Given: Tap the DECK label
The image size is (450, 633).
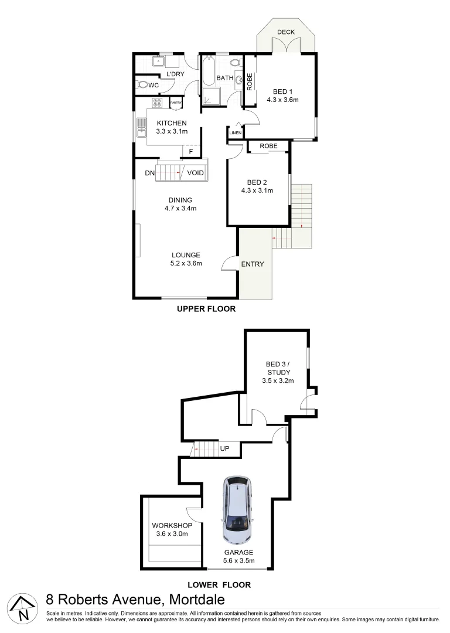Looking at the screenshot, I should tap(285, 32).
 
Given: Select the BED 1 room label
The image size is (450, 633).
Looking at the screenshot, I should tap(282, 91).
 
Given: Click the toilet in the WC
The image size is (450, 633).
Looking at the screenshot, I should tap(142, 85).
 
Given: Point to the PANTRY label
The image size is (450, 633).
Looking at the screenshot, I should tap(176, 103).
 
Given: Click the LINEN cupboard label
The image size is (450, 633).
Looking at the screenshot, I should tap(235, 133).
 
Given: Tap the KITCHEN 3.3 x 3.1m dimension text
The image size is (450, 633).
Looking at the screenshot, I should tap(172, 131).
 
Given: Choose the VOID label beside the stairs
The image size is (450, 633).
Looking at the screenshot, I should tap(196, 173).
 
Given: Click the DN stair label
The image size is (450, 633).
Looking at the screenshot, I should tap(150, 173).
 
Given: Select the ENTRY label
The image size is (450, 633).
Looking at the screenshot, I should tap(253, 264).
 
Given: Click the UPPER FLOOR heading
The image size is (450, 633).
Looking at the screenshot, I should tap(206, 309).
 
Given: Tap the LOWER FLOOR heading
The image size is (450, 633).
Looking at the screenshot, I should tap(219, 584).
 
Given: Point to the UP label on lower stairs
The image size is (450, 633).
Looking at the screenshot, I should tap(224, 449).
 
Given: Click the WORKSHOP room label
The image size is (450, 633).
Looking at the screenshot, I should tap(172, 525).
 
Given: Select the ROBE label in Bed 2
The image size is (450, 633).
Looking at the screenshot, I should tap(268, 145).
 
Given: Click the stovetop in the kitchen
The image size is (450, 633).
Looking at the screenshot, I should tap(156, 103).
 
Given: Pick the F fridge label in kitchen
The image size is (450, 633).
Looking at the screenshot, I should tap(189, 152).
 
